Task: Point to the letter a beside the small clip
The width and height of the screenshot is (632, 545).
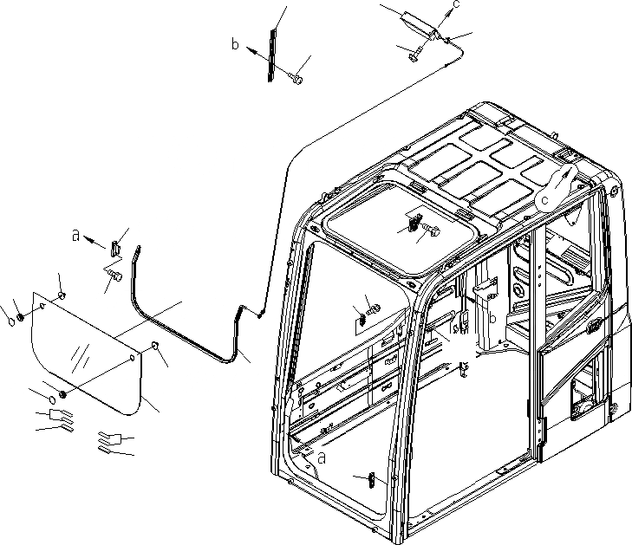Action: point(76,234)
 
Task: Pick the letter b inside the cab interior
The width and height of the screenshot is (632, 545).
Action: point(492,320)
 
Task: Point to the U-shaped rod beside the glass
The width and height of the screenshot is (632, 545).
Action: point(186,321)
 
